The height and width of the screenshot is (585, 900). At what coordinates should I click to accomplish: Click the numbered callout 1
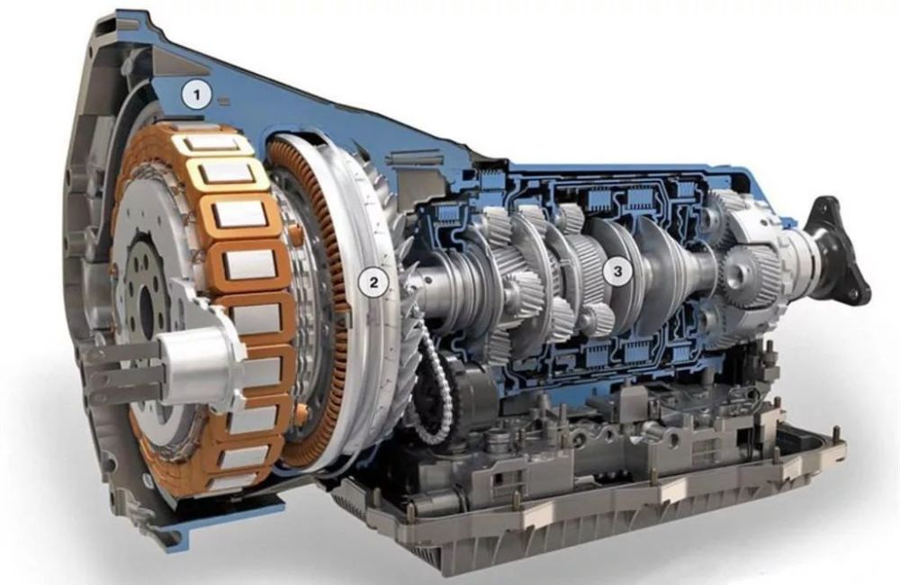coord(197,94)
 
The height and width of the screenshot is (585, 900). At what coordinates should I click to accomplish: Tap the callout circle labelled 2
coord(373,283)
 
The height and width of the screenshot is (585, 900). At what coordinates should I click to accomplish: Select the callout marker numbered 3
coord(617,271)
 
